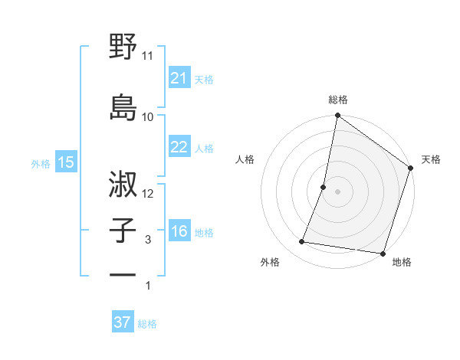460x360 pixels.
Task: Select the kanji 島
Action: click(123, 106)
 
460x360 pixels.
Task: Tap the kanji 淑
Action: click(123, 183)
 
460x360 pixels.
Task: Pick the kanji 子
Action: click(123, 230)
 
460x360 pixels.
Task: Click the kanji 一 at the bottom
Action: click(123, 274)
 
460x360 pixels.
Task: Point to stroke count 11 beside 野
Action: click(148, 56)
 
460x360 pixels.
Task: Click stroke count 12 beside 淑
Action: click(148, 194)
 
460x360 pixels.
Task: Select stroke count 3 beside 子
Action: click(148, 240)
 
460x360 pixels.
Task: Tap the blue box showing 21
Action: click(179, 78)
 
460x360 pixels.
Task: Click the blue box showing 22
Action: click(179, 147)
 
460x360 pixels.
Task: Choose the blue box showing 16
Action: click(179, 231)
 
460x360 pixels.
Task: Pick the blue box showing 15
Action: click(65, 162)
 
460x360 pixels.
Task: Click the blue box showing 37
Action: click(122, 322)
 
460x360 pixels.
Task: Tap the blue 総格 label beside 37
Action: click(147, 324)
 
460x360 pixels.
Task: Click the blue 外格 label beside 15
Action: click(41, 163)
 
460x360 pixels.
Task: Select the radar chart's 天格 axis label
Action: click(431, 159)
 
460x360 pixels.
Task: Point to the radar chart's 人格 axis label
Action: click(245, 159)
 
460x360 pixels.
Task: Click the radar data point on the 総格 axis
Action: click(337, 116)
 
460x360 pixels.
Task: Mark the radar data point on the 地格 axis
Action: click(382, 254)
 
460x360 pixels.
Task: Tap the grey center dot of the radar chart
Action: click(337, 191)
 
